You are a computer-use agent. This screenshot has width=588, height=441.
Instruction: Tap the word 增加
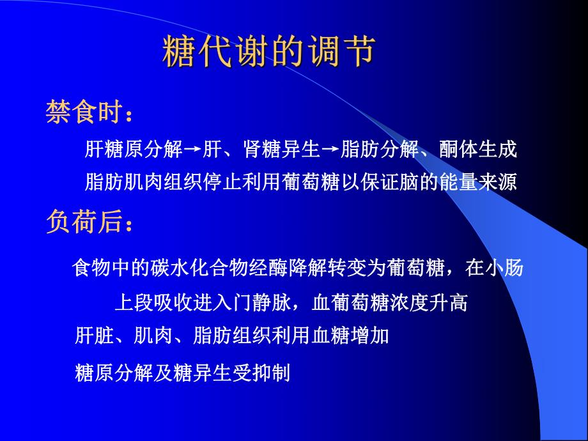click(373, 336)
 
